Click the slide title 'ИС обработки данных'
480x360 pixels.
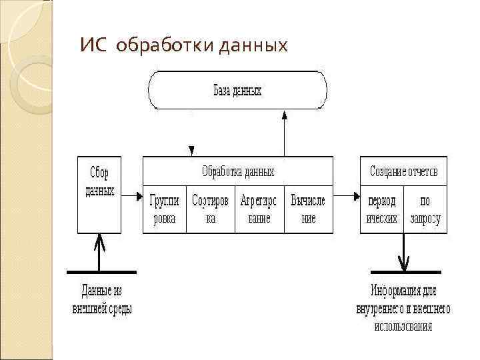(x=183, y=46)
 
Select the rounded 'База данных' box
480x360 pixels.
(x=238, y=90)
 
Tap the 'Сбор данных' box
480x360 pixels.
(x=99, y=193)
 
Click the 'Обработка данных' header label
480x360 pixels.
(x=238, y=171)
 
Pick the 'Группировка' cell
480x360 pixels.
(x=164, y=209)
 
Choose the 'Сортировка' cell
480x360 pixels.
(x=210, y=209)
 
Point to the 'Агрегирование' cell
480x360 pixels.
(x=259, y=209)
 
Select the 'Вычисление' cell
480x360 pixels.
(x=308, y=209)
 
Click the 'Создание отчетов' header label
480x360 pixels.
(x=404, y=171)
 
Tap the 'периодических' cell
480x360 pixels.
(x=382, y=209)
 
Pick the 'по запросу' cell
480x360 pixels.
(x=425, y=209)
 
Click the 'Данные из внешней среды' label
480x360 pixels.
(x=101, y=299)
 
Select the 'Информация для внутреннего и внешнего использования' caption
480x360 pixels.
(x=403, y=308)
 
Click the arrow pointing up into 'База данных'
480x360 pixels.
(x=285, y=133)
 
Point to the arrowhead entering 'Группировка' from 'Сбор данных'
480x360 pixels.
(x=139, y=196)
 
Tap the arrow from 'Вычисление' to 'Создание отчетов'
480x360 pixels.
(x=346, y=196)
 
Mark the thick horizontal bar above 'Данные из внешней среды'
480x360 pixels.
(x=102, y=272)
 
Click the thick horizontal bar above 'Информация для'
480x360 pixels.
(x=405, y=272)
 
